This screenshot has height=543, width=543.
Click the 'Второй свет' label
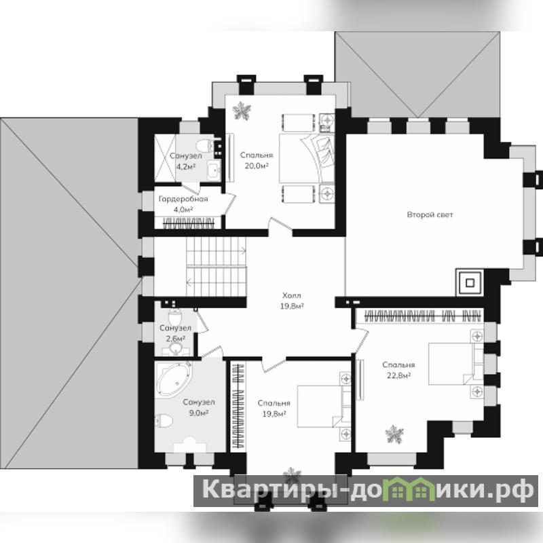click(430, 214)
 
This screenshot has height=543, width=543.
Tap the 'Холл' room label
click(292, 296)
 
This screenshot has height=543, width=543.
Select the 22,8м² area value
click(398, 375)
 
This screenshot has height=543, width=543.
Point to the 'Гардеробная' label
click(183, 199)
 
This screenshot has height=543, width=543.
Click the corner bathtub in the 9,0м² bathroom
click(174, 379)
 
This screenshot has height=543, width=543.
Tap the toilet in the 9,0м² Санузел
click(164, 421)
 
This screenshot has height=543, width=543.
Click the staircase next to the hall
click(216, 267)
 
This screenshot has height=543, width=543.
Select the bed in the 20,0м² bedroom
click(307, 158)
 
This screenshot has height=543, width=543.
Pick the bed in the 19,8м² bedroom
click(324, 406)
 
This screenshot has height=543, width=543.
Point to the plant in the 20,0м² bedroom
click(242, 111)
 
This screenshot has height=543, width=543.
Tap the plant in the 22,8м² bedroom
click(394, 434)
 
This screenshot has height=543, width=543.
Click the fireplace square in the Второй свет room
click(470, 283)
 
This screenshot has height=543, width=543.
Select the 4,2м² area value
click(186, 166)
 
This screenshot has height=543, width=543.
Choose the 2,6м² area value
click(175, 338)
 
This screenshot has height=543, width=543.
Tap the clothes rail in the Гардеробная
click(189, 223)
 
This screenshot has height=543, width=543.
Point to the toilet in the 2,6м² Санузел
click(175, 317)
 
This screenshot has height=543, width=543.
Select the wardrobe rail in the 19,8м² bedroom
click(238, 406)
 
